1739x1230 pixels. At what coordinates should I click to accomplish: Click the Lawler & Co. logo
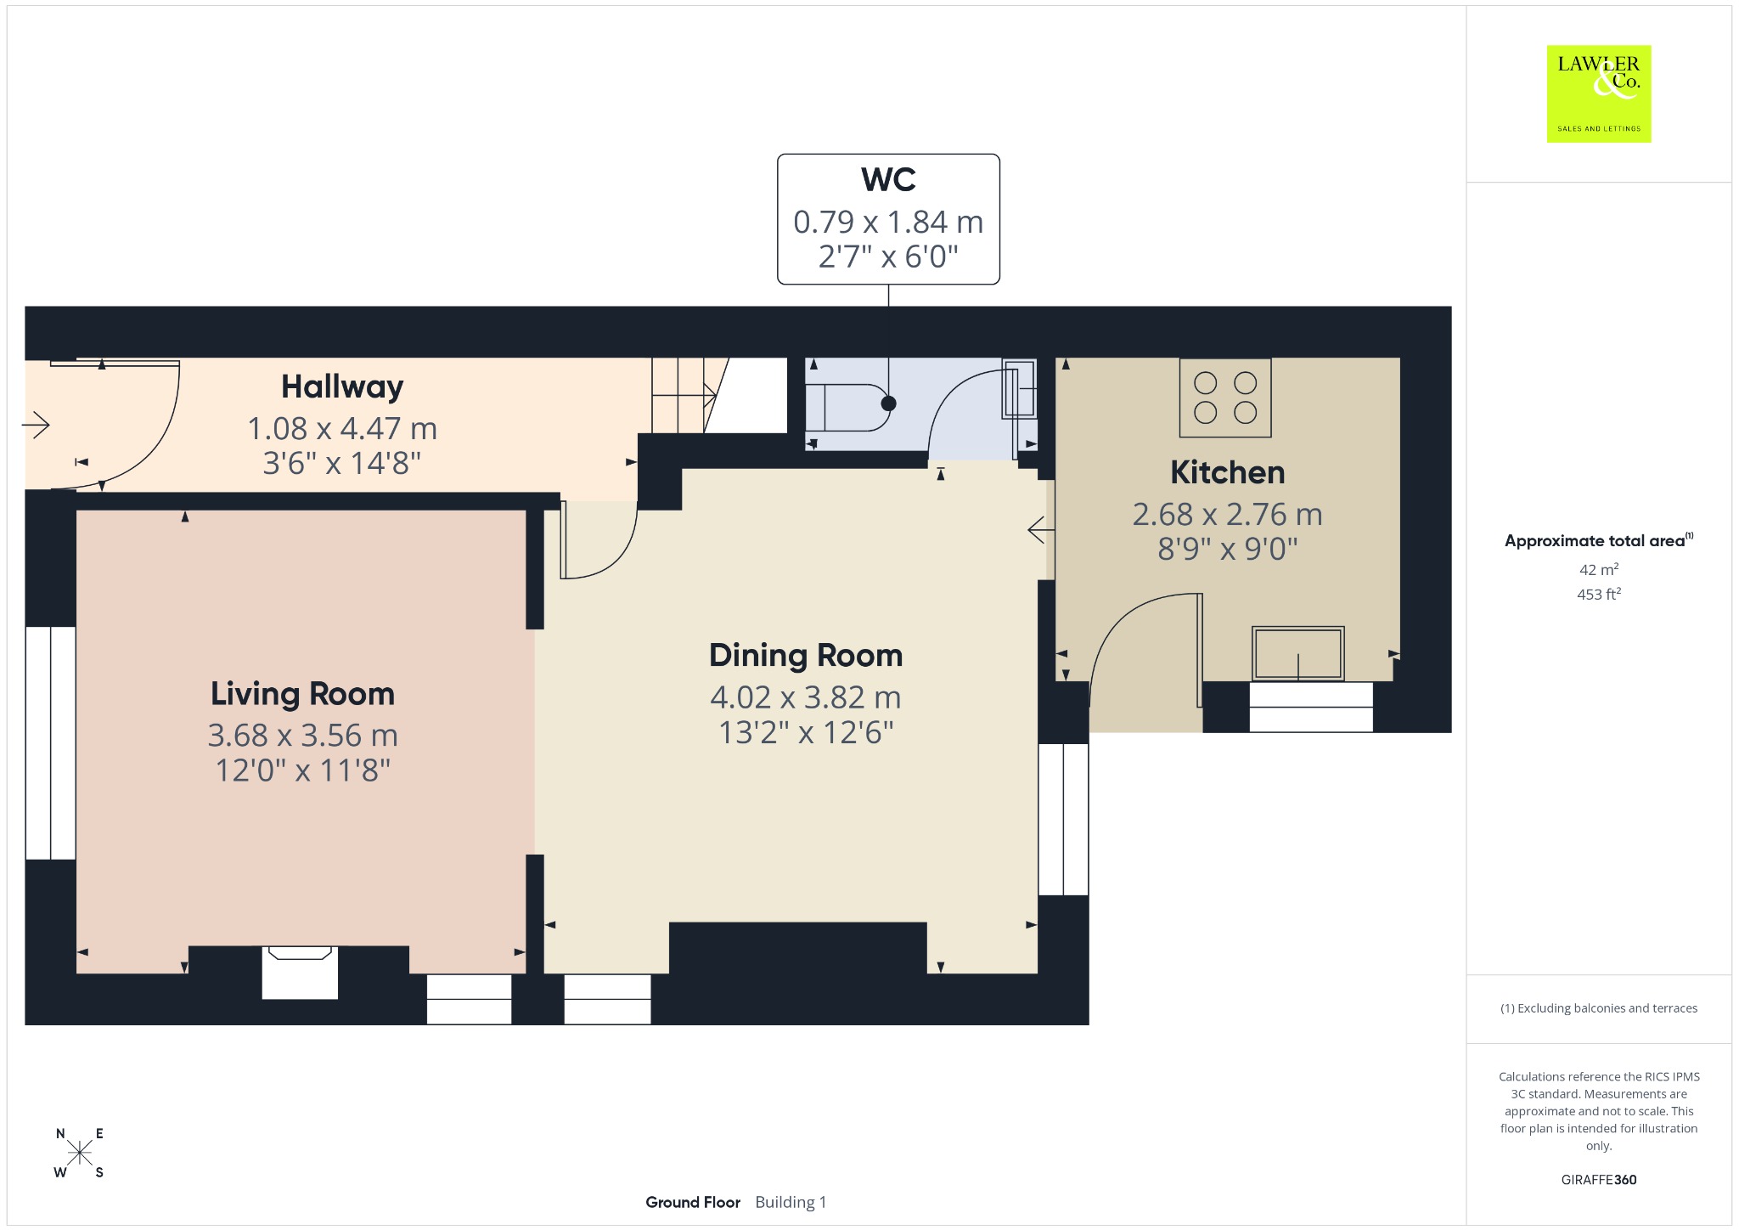(x=1599, y=93)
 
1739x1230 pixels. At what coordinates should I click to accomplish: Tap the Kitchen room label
(x=1228, y=472)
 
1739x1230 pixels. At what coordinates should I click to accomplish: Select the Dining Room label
(x=806, y=656)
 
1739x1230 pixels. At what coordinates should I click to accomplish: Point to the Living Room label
(x=303, y=694)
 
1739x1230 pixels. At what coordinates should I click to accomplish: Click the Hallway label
(x=342, y=386)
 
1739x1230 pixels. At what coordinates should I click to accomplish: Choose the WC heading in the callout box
(x=888, y=180)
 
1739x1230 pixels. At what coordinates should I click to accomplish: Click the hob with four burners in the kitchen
(x=1225, y=398)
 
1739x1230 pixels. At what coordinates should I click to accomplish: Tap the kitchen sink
(x=1298, y=653)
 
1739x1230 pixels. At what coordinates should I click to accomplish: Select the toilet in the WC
(x=849, y=408)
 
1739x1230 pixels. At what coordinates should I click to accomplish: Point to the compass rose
(x=80, y=1153)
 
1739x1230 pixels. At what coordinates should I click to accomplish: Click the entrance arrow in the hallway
(x=36, y=424)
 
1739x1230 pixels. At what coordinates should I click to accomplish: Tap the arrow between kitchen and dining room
(x=1041, y=531)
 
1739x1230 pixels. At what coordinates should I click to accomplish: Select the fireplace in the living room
(x=300, y=972)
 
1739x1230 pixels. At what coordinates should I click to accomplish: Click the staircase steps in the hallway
(x=684, y=395)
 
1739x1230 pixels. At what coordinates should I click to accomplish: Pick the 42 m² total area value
(x=1599, y=569)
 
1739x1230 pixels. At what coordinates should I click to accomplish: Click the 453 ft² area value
(x=1599, y=594)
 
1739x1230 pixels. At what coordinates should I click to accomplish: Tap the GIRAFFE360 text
(x=1599, y=1179)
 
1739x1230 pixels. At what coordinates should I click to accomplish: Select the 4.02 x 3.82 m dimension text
(x=806, y=697)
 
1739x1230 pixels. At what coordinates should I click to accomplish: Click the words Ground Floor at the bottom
(x=693, y=1202)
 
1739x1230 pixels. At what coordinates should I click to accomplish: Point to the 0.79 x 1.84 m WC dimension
(x=888, y=223)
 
